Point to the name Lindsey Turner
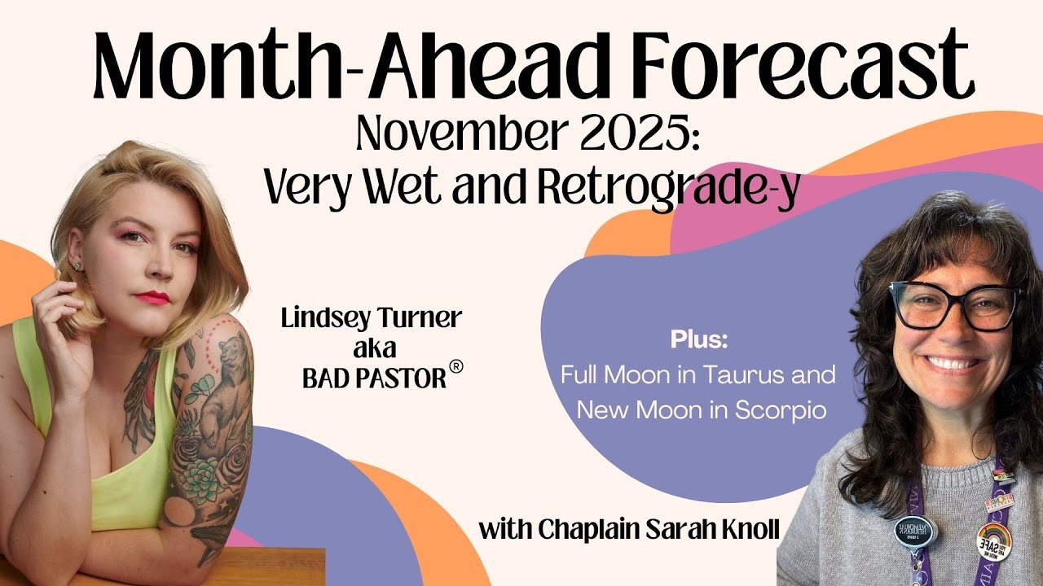[372, 318]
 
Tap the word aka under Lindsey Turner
[372, 348]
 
